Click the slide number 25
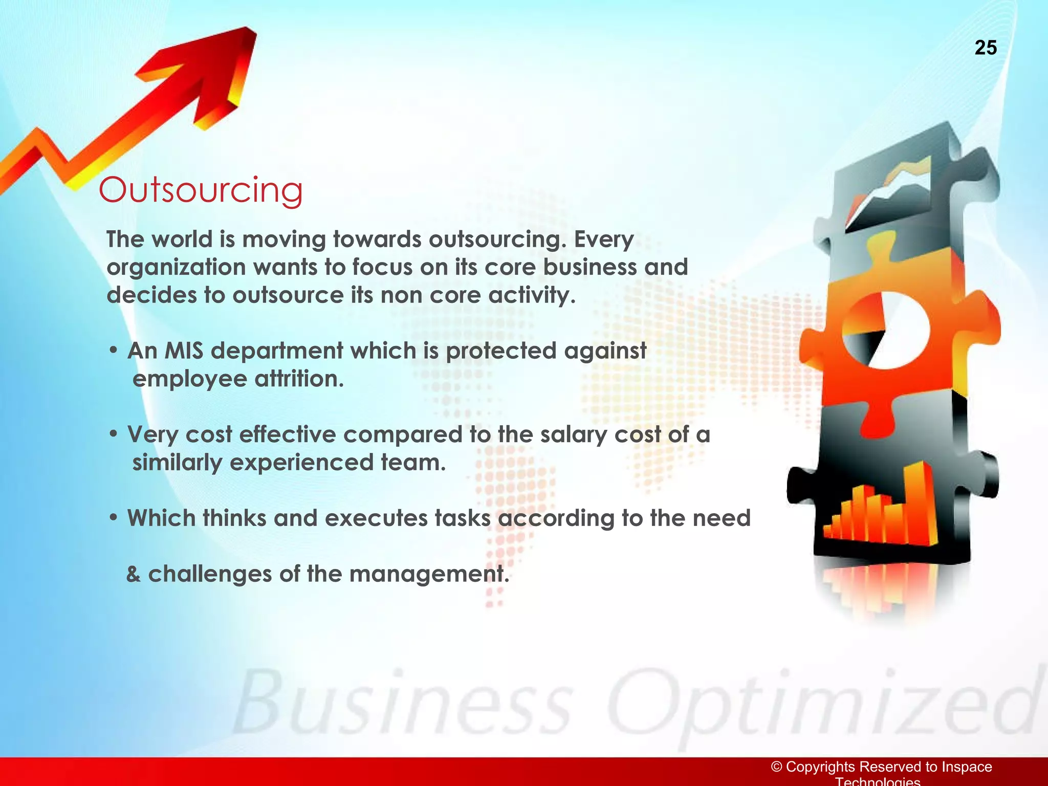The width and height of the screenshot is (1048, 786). coord(986,48)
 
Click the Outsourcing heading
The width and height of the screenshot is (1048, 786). coord(201,190)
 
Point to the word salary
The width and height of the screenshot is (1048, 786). coord(573,435)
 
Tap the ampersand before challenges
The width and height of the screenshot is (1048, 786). coord(134,574)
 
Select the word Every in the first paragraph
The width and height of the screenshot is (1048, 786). coord(604,239)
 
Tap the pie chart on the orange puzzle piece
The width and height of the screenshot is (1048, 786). coord(884,329)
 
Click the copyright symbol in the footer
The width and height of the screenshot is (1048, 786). coord(777,767)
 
